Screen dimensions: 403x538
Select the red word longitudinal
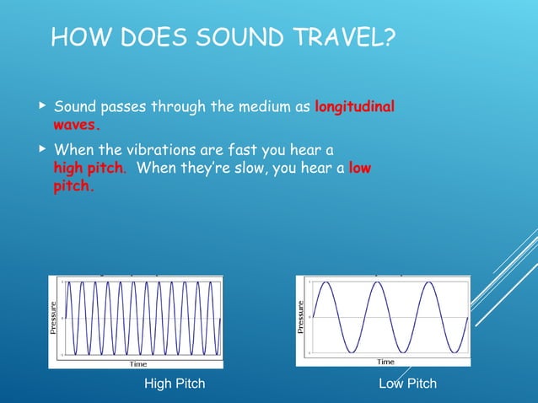click(353, 108)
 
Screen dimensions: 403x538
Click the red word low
click(359, 168)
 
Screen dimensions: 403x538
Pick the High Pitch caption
click(175, 384)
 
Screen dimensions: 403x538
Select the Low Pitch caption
click(408, 384)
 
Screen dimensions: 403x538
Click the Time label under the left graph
click(137, 364)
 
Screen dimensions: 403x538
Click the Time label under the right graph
click(385, 362)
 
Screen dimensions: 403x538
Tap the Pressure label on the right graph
click(301, 317)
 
